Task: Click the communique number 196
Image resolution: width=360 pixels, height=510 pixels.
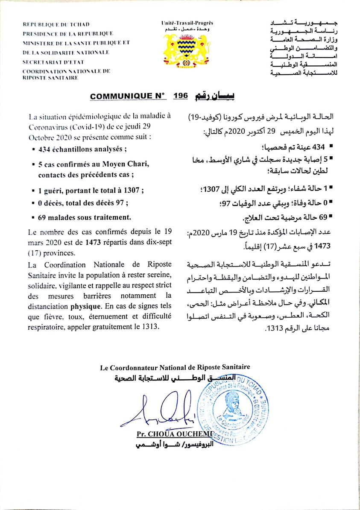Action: point(180,96)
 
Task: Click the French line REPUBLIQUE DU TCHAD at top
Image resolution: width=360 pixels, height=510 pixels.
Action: point(56,25)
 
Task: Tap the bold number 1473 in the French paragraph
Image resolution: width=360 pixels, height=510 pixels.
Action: point(94,243)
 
